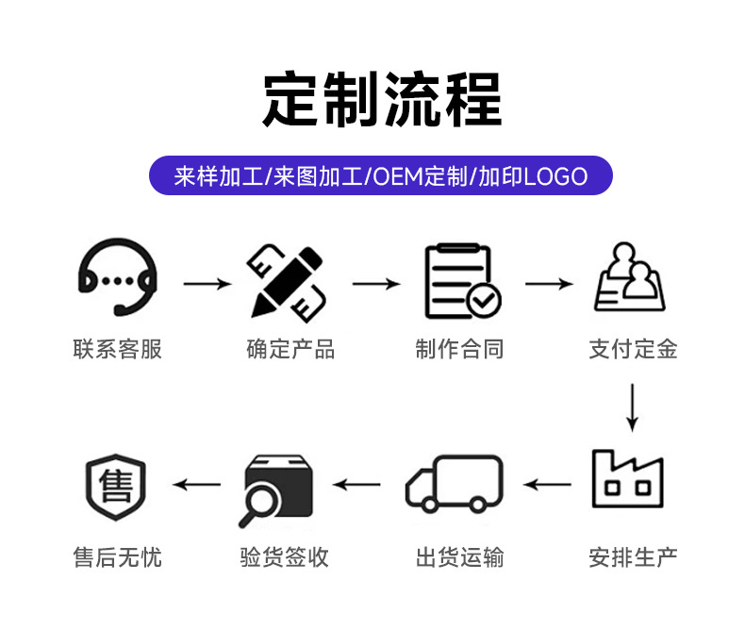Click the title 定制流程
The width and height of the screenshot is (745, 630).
(x=381, y=98)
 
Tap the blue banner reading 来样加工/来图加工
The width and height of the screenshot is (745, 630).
(x=381, y=176)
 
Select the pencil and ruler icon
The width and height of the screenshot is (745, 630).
(x=288, y=280)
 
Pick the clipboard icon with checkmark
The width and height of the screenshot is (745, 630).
(x=461, y=280)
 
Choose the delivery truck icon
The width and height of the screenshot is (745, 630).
(x=454, y=485)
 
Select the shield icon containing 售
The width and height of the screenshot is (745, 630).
(x=116, y=487)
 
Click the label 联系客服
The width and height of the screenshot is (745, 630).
(x=117, y=350)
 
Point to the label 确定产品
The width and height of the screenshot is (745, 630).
(x=290, y=350)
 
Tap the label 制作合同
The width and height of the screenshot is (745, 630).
(x=459, y=350)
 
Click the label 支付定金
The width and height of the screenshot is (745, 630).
(x=633, y=350)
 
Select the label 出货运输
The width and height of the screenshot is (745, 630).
(x=459, y=557)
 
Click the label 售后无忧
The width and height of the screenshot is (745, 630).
(x=117, y=557)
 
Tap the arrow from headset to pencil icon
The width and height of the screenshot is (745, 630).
(x=207, y=283)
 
